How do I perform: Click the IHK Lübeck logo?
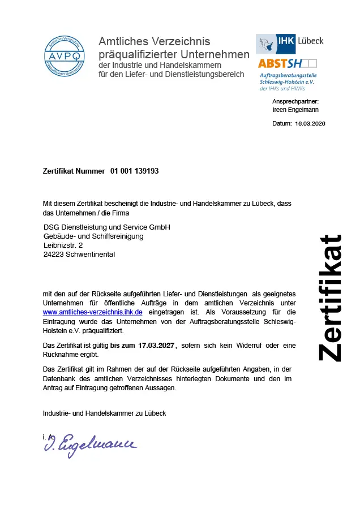point(290,43)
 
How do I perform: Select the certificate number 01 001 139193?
point(135,171)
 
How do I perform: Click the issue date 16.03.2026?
point(310,123)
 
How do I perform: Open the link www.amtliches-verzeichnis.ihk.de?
point(92,312)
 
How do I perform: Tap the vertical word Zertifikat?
point(329,297)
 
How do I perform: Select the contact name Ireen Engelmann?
point(295,110)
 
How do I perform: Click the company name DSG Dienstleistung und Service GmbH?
point(107,227)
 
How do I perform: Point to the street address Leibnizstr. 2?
point(63,245)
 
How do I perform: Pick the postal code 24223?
point(53,255)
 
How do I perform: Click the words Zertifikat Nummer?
point(74,171)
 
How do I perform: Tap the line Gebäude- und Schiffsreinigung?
point(93,236)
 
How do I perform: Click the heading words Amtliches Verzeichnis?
point(154,41)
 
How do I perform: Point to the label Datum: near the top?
point(282,123)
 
